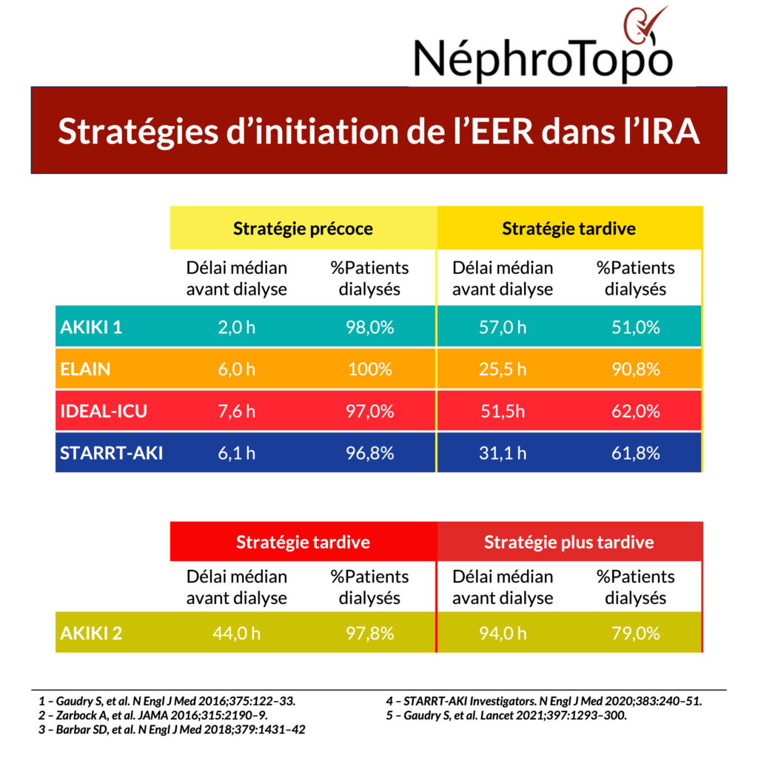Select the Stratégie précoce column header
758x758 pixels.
click(x=303, y=228)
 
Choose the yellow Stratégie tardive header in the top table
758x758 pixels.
click(x=568, y=228)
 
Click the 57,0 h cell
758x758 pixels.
click(x=503, y=327)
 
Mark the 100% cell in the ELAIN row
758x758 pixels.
click(x=369, y=369)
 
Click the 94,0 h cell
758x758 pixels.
click(x=503, y=633)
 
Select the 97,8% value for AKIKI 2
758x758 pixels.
click(x=369, y=633)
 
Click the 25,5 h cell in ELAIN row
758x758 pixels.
click(x=503, y=369)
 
